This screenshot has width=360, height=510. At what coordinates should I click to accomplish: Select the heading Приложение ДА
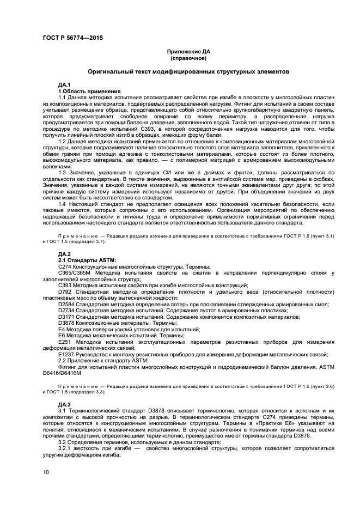pos(188,52)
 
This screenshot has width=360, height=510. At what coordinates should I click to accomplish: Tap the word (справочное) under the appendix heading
pos(188,58)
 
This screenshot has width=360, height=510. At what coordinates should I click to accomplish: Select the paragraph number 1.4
pos(63,203)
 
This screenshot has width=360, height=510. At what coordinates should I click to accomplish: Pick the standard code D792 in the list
pos(65,292)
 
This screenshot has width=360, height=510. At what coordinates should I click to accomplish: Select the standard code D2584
pos(66,303)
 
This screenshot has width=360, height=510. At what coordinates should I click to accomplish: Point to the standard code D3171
pos(66,316)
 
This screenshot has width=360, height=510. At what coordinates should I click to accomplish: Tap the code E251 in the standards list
pos(65,341)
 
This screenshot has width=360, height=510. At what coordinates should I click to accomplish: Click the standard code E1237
pos(66,354)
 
